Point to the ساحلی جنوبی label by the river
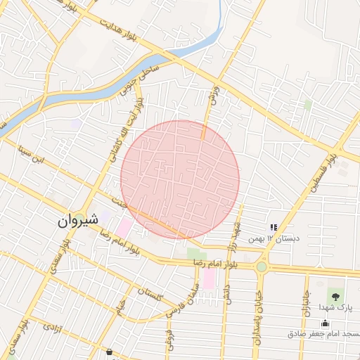coord(141,82)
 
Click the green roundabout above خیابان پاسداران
coord(262,267)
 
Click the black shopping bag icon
coord(108,351)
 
